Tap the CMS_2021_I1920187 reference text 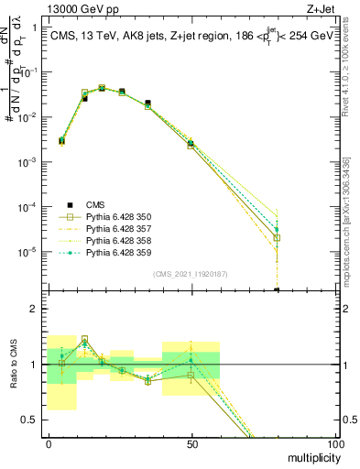click(x=191, y=273)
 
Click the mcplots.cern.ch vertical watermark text click(x=350, y=211)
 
